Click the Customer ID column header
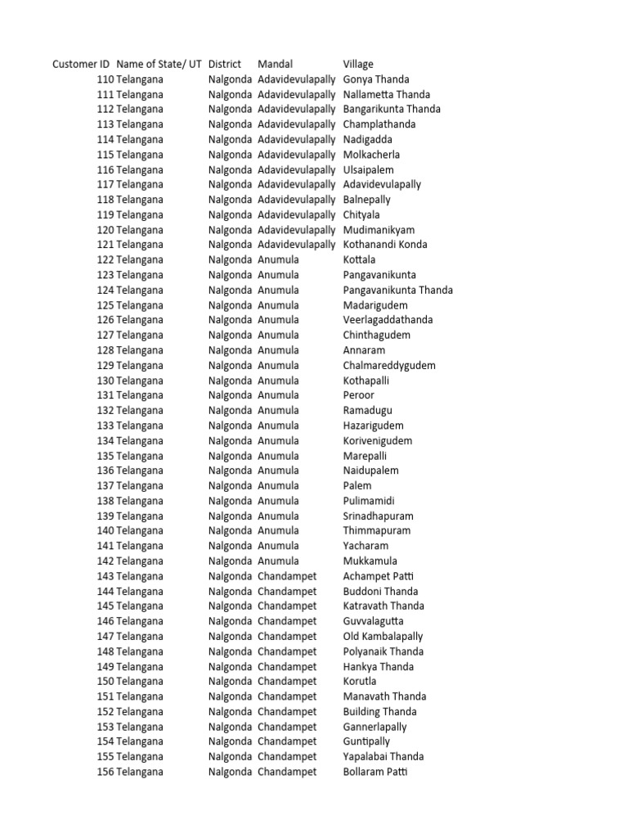click(x=81, y=64)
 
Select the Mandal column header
click(x=275, y=64)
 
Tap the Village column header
click(x=358, y=64)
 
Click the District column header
click(x=225, y=64)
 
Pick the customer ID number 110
click(x=105, y=79)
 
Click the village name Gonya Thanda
click(x=376, y=79)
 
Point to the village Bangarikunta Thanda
click(x=392, y=109)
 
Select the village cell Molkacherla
click(x=372, y=155)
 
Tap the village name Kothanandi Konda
click(x=385, y=245)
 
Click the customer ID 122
click(x=105, y=259)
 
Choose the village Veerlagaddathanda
click(x=388, y=320)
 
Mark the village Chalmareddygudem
click(x=389, y=365)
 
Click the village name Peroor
click(x=359, y=395)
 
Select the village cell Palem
click(x=357, y=485)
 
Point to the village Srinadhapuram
click(x=379, y=516)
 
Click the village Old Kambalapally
click(x=384, y=636)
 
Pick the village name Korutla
click(x=361, y=681)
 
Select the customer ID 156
click(x=105, y=772)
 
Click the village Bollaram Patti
click(x=375, y=772)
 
